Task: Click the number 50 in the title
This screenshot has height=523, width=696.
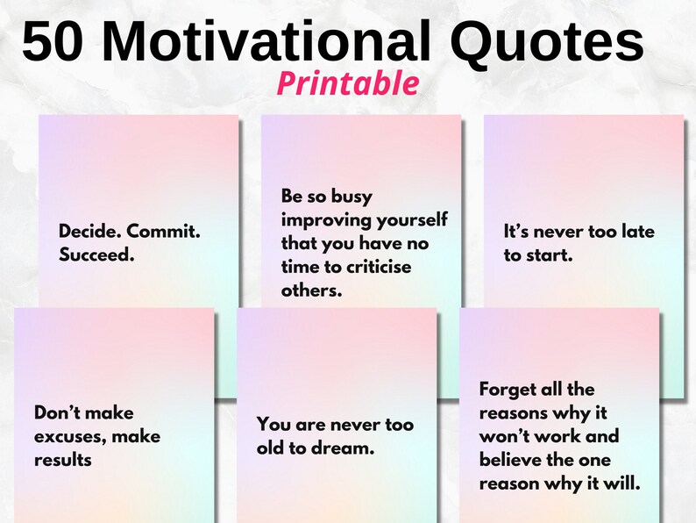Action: pyautogui.click(x=53, y=41)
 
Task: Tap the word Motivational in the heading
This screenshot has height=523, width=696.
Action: pyautogui.click(x=266, y=40)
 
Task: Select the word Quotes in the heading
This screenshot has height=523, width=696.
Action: pyautogui.click(x=547, y=41)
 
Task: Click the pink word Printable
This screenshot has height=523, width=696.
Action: pyautogui.click(x=348, y=83)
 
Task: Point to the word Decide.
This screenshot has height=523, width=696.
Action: pyautogui.click(x=90, y=231)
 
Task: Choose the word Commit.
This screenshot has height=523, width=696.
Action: pyautogui.click(x=164, y=231)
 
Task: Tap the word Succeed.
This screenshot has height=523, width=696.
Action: pyautogui.click(x=96, y=254)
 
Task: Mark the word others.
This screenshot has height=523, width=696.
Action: pyautogui.click(x=311, y=290)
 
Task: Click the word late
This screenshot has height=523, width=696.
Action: pyautogui.click(x=638, y=232)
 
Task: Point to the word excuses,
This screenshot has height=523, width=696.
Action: pyautogui.click(x=70, y=437)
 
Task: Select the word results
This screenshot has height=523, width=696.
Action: pyautogui.click(x=63, y=460)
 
